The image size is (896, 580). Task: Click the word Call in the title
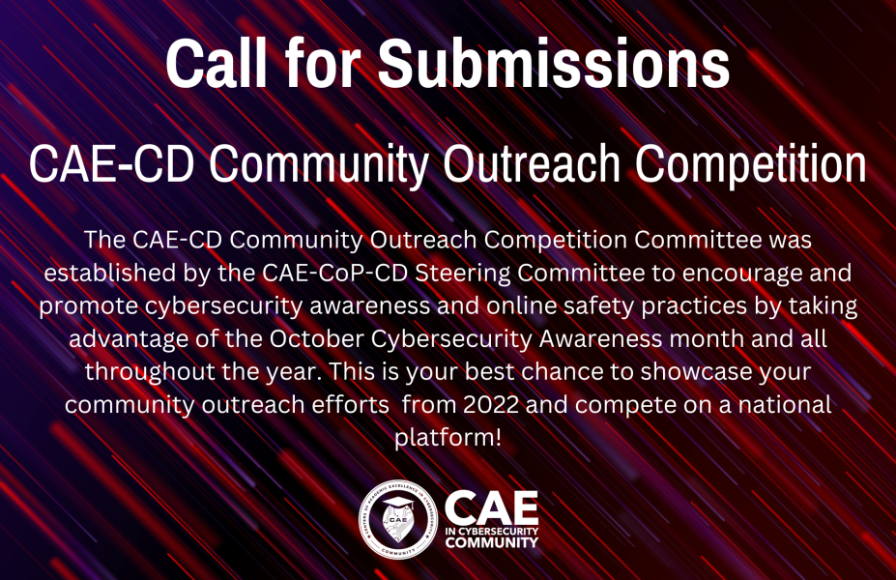coord(216,64)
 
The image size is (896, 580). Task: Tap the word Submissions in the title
coord(553,64)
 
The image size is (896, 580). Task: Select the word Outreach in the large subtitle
coord(532,164)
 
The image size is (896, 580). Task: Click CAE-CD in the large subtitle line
coord(111,164)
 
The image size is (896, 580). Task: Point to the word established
coord(110,273)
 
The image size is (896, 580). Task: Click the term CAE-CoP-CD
coord(334,273)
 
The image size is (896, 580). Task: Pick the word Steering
coord(463,274)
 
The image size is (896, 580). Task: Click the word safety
coord(599,306)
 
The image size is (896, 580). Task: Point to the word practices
coord(694,306)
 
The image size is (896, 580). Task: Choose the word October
coord(317,339)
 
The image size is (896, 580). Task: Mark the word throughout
coord(150,372)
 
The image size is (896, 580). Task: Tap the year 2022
coord(491,405)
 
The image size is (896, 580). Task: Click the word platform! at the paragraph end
coord(448,438)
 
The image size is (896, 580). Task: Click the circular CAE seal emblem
coord(398,519)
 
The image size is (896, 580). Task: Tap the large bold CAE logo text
coord(491,508)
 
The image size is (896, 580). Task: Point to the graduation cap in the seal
coord(397,504)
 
